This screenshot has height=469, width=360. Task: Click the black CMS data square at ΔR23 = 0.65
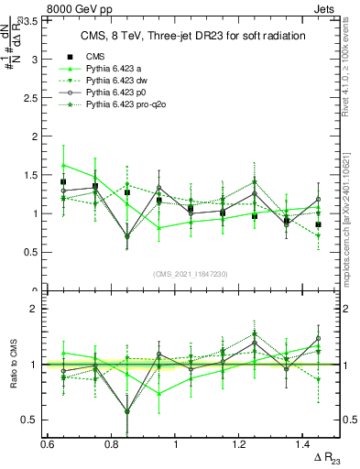(63, 182)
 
